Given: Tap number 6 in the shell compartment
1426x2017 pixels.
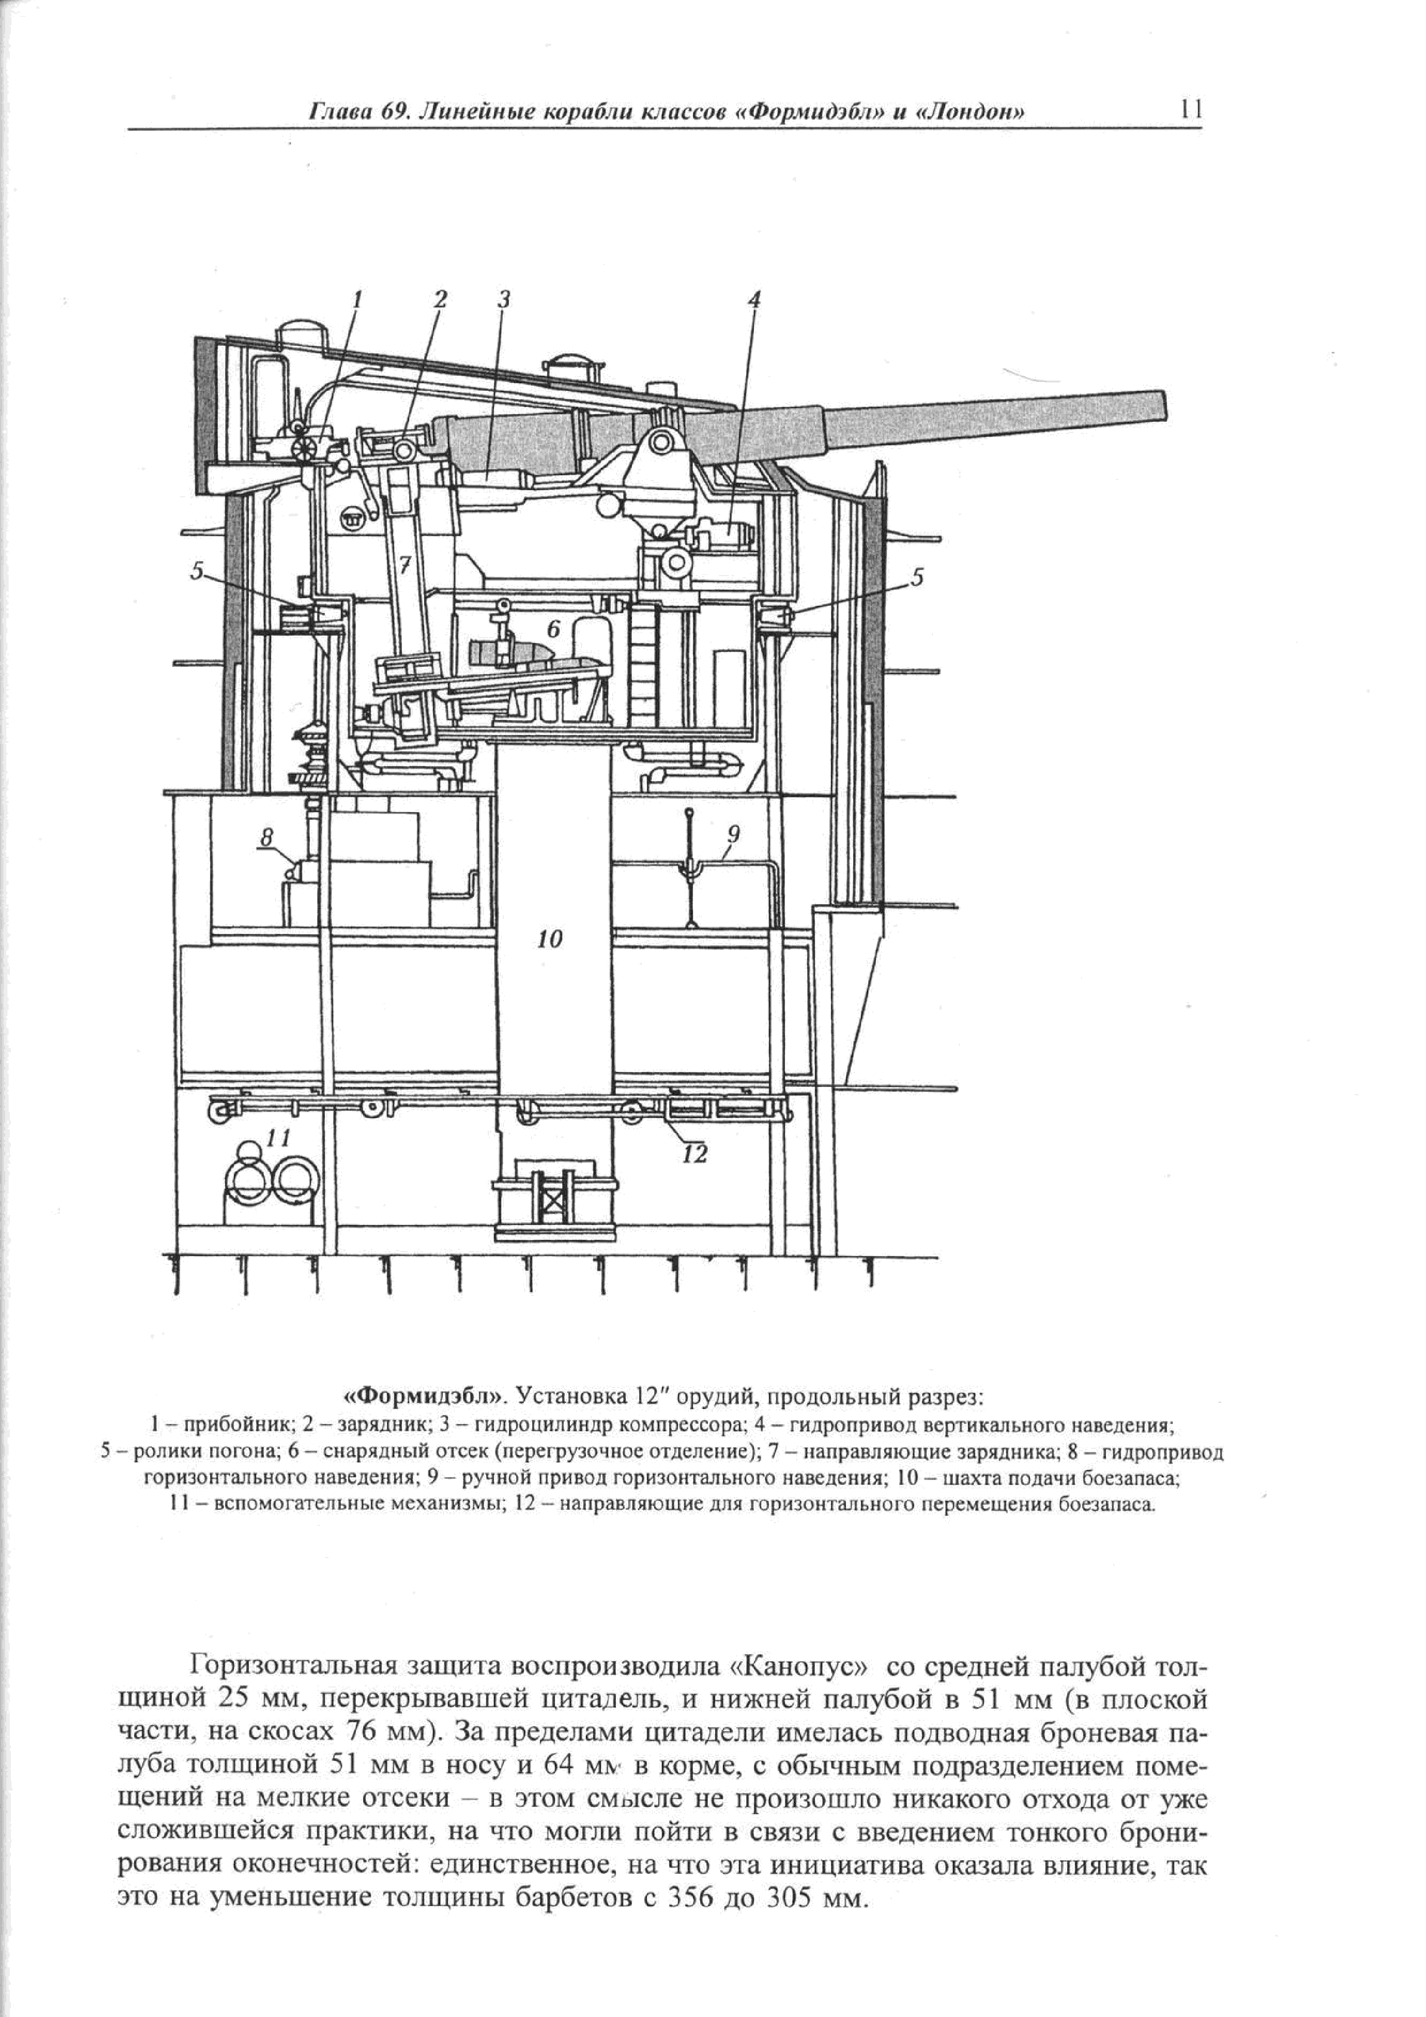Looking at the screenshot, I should [553, 629].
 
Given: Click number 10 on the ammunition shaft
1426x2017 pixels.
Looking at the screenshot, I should [550, 940].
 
